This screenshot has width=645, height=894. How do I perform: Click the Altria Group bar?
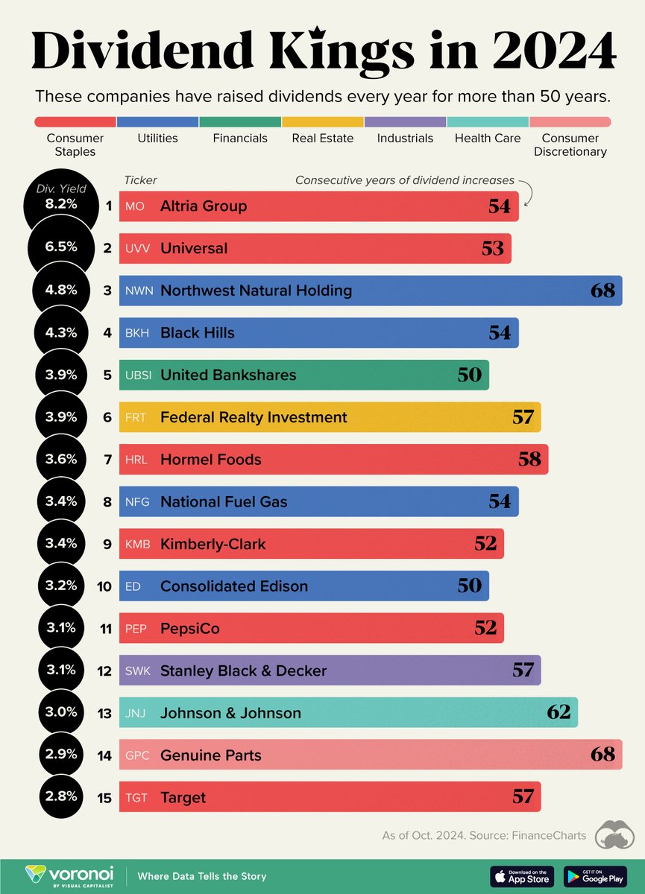point(319,206)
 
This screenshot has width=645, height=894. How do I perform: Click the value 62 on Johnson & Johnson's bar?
point(558,713)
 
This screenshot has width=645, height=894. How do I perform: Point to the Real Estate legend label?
point(322,138)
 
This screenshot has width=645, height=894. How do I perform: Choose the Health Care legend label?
point(487,138)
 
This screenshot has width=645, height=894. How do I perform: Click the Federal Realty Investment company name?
point(254,417)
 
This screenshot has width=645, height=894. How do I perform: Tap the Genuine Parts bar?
point(371,755)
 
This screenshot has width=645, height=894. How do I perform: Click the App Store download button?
point(522,876)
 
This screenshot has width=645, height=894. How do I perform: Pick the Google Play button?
point(594,876)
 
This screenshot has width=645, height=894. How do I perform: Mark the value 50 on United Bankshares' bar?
point(469,375)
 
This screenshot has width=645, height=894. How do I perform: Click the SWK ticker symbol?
point(138,671)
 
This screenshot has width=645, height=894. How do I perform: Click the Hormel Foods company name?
point(211,460)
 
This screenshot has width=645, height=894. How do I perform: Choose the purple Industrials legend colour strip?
point(405,121)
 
